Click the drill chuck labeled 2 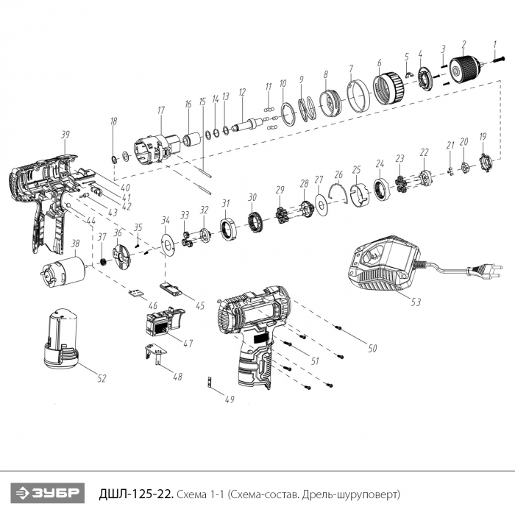[464, 70]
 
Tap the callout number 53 [416, 302]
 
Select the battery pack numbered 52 [62, 338]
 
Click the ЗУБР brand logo [48, 494]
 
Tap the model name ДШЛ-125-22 [135, 494]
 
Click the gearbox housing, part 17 [157, 150]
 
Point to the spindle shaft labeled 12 [247, 124]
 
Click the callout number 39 [65, 135]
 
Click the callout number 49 [230, 399]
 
